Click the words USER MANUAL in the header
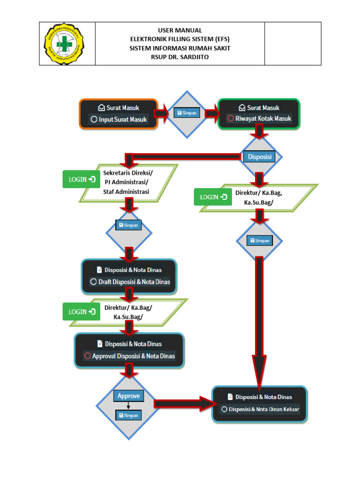[180, 30]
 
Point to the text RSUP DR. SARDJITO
[180, 57]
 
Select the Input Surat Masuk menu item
[119, 120]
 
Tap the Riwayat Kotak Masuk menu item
[259, 119]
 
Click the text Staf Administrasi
[126, 192]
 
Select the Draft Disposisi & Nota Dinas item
[130, 282]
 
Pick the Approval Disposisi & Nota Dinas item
[129, 356]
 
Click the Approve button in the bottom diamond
[128, 396]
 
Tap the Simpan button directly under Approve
[128, 415]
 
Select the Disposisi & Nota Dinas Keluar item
[260, 409]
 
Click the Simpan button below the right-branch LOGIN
[260, 240]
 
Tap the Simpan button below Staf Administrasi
[128, 225]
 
